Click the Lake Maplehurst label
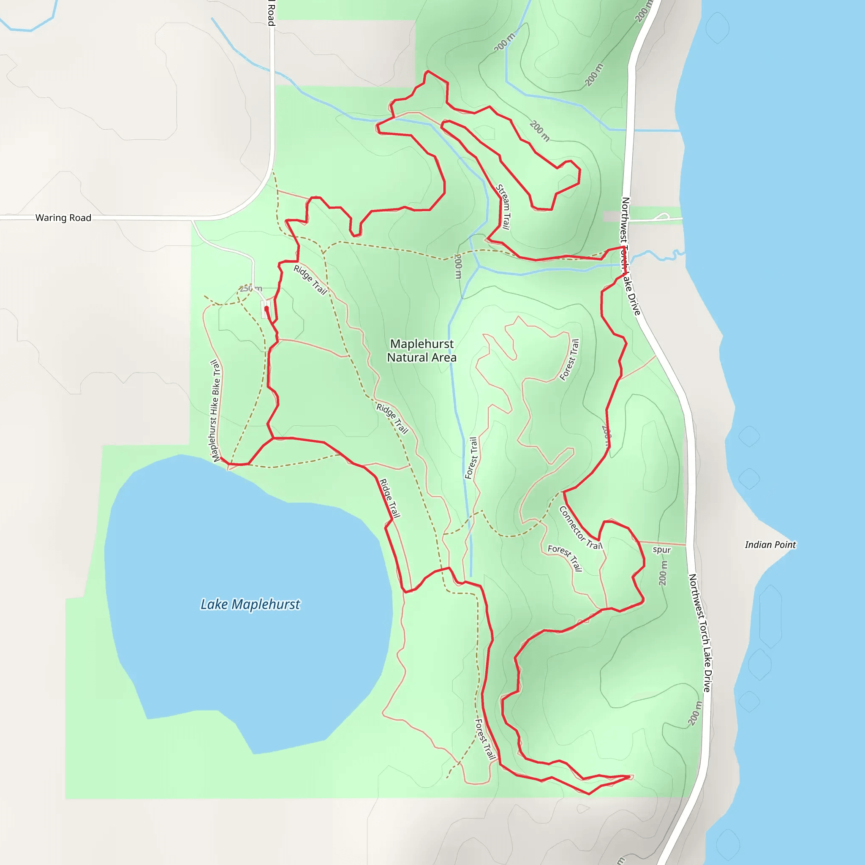(x=250, y=604)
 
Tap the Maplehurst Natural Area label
(x=422, y=351)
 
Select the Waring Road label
(x=63, y=218)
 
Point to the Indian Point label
(x=770, y=544)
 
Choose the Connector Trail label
(x=581, y=528)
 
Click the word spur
(x=661, y=550)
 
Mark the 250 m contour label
(x=251, y=288)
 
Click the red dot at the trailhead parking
(x=267, y=308)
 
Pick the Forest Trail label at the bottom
(x=485, y=739)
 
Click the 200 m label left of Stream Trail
(x=457, y=266)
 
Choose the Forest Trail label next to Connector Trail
(x=565, y=558)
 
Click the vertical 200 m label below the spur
(x=663, y=573)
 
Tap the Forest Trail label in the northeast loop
(x=569, y=359)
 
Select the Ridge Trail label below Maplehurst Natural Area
(x=392, y=419)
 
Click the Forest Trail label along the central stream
(x=471, y=458)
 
